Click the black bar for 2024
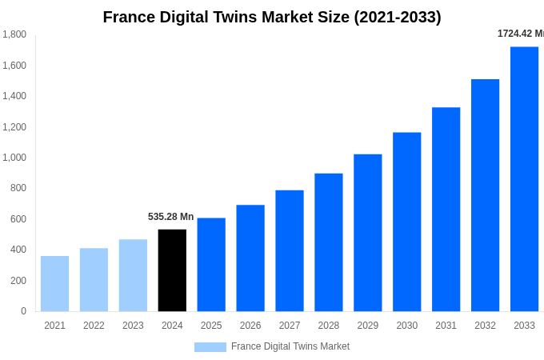172,270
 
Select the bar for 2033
524,179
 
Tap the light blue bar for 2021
54,284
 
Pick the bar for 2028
328,242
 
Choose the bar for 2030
406,222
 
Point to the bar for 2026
250,258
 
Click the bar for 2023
133,275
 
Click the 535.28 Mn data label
170,217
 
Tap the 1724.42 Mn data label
520,34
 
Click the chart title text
272,17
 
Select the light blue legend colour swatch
210,347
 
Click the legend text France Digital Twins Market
290,346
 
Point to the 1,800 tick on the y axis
14,34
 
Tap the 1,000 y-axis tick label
14,158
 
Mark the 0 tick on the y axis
23,311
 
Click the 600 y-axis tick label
18,219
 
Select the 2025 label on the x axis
211,326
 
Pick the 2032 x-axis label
485,326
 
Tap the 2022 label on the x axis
94,326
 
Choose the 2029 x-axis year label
367,326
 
